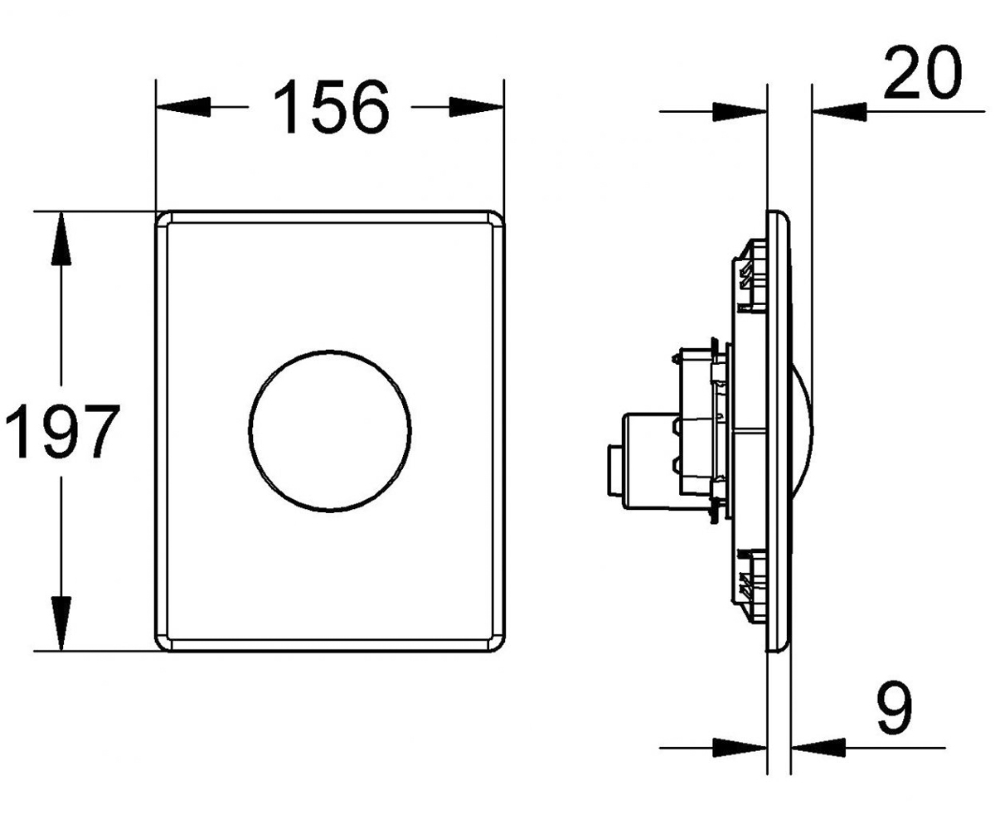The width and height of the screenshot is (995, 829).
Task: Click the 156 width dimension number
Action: [332, 107]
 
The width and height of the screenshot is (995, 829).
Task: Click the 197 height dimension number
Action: [62, 430]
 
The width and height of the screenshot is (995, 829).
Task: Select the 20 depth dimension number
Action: [923, 73]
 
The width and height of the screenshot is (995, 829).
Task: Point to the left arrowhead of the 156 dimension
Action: [183, 107]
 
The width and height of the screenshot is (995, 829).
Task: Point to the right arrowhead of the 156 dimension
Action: [476, 107]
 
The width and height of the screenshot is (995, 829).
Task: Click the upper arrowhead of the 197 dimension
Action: [61, 238]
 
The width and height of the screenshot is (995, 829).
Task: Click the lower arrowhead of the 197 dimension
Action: [61, 623]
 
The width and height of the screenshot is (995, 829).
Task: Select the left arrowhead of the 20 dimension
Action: [740, 111]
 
